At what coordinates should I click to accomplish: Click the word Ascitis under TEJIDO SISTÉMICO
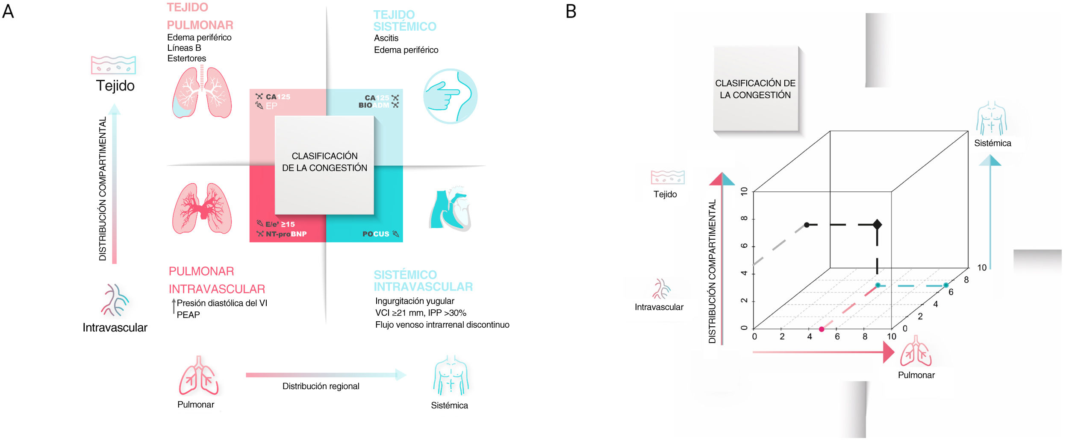click(x=386, y=38)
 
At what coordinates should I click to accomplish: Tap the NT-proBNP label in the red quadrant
click(x=286, y=234)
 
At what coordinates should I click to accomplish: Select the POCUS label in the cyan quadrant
click(x=376, y=234)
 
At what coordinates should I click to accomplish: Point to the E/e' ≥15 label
click(x=280, y=224)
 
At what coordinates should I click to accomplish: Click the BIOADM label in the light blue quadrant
click(x=374, y=105)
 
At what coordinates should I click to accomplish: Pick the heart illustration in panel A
click(x=450, y=209)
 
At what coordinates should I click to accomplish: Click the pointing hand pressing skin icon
click(x=450, y=96)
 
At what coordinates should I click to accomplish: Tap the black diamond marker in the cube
click(x=877, y=224)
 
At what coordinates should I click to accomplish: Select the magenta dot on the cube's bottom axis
click(x=822, y=329)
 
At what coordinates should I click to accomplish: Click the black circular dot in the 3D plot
click(x=807, y=225)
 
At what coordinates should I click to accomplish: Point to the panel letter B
click(x=571, y=12)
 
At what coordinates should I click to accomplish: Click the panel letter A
click(x=8, y=12)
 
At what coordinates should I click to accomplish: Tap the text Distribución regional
click(x=321, y=386)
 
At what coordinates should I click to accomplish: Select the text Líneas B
click(x=184, y=48)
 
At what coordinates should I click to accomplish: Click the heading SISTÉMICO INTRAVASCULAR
click(x=423, y=281)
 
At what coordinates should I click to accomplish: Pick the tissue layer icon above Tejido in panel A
click(x=113, y=65)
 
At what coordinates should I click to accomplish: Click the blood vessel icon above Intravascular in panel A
click(x=115, y=300)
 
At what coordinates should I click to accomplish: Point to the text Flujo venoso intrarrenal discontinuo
click(x=442, y=325)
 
